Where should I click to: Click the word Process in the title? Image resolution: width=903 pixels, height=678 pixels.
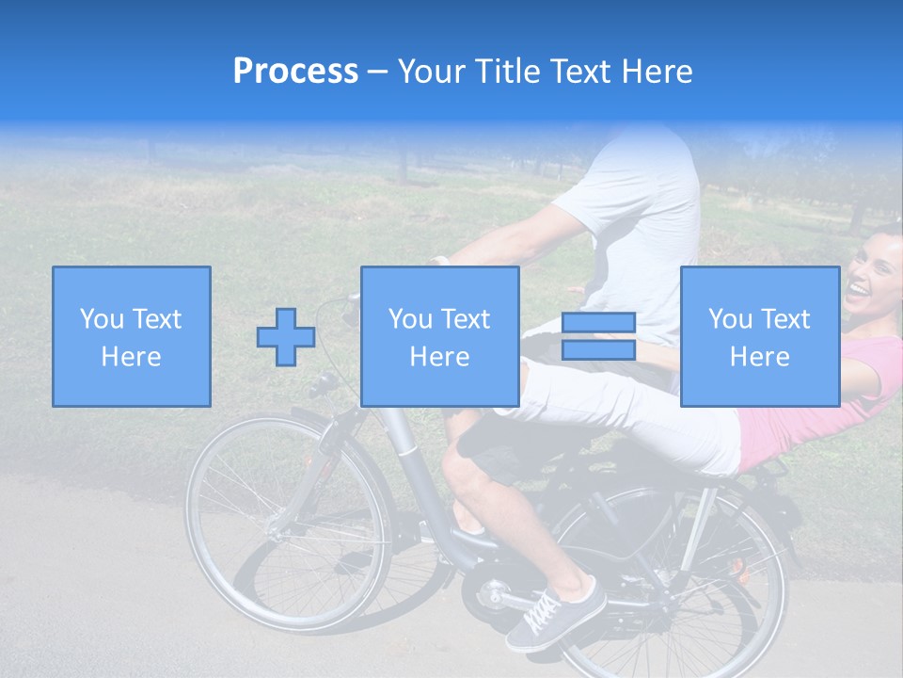(x=295, y=72)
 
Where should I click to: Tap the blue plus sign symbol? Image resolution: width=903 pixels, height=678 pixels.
(x=286, y=337)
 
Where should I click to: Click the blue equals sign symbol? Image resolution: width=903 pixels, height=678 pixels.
(x=598, y=336)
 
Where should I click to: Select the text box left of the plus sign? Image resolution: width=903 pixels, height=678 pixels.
(x=132, y=336)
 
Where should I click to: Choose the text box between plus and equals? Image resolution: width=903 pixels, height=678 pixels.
(x=440, y=336)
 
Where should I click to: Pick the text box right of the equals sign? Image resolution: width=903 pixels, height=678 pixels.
(x=760, y=336)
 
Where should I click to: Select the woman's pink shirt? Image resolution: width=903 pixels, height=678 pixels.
(x=809, y=414)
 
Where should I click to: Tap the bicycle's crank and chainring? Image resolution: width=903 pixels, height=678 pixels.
(x=493, y=593)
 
